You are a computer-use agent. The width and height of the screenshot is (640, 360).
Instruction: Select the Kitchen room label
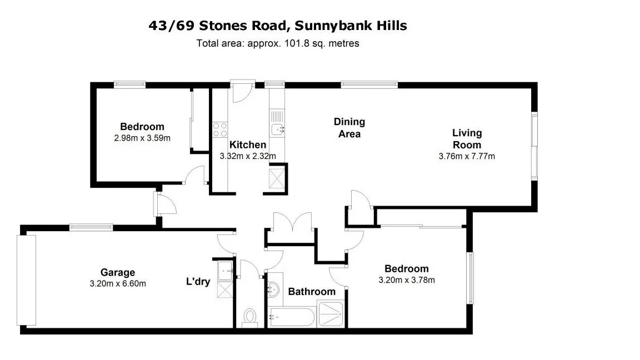248,145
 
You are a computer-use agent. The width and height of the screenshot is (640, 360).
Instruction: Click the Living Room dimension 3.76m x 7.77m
467,156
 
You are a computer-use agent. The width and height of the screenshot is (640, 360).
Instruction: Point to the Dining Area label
349,127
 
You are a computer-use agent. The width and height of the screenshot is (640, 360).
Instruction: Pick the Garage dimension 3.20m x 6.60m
118,283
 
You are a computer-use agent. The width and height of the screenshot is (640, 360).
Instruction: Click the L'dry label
198,282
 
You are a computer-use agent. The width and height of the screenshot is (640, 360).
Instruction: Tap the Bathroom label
311,292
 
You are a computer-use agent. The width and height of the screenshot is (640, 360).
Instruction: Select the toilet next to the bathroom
249,318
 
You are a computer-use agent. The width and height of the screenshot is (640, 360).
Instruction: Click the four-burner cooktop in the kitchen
220,129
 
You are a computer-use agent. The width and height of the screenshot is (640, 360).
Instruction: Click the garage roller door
26,280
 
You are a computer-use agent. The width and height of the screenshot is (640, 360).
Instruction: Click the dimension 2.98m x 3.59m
142,138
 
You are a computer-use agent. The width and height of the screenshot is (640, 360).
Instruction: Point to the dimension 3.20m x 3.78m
407,280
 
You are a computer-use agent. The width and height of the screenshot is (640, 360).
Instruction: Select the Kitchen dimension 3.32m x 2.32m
248,156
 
